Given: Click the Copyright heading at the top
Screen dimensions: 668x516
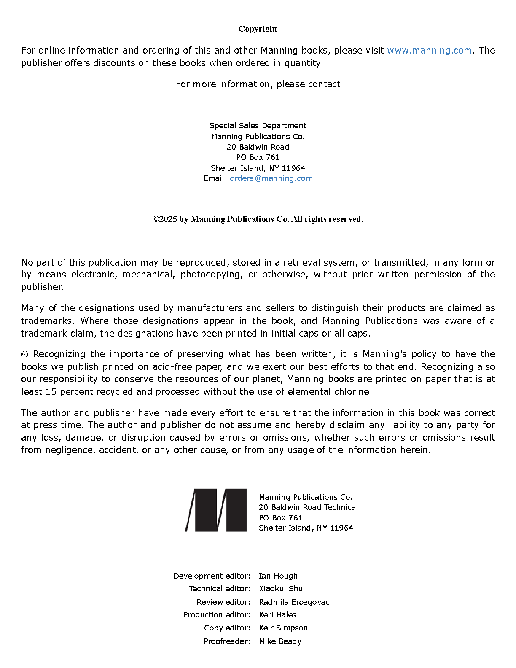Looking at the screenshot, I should point(258,29).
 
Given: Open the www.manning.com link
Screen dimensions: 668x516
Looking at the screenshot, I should point(429,50).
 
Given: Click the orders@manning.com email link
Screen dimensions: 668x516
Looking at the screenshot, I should point(271,178).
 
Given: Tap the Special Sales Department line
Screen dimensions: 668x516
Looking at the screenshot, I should point(258,125).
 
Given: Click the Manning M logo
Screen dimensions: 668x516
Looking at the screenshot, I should point(216,510).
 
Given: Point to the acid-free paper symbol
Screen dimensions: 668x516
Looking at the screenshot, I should point(24,354).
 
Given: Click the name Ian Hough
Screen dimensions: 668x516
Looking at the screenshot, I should point(278,576).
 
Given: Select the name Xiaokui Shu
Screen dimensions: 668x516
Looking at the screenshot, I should point(280,589).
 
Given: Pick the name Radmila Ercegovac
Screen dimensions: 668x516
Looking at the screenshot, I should point(294,602).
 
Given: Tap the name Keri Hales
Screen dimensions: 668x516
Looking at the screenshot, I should point(277,615).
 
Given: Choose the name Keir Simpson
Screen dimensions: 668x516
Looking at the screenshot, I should point(283,628).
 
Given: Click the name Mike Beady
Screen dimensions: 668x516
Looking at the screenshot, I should point(280,641).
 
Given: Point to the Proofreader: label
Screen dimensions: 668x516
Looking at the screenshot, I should point(227,641).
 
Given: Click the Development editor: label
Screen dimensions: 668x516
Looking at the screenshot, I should point(212,576).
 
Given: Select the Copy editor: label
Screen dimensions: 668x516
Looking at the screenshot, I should point(227,628).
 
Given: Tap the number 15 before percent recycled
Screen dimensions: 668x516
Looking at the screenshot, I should point(51,392).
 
